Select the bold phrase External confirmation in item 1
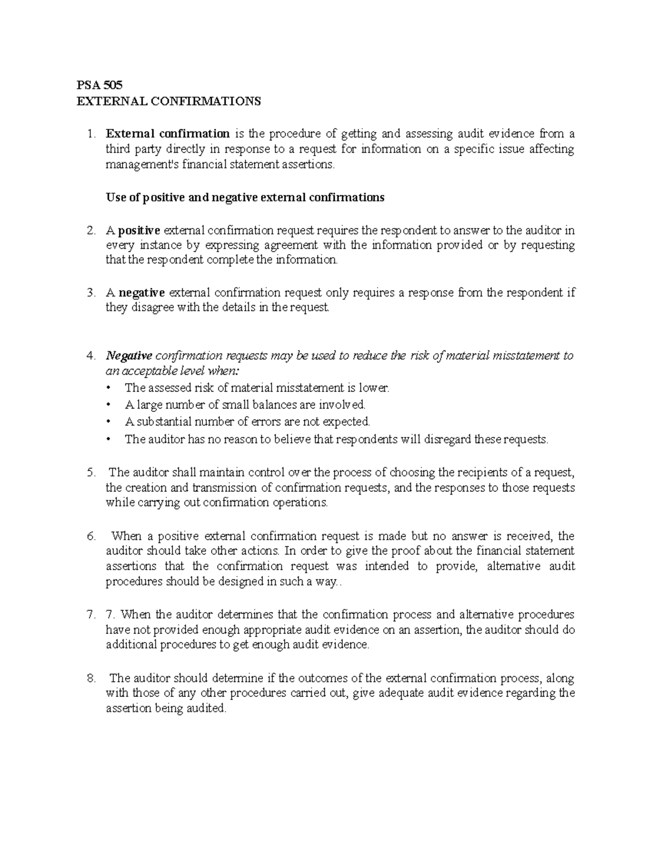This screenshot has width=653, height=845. pyautogui.click(x=168, y=134)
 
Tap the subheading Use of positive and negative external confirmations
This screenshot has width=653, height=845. pyautogui.click(x=245, y=198)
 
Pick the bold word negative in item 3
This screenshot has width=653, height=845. pyautogui.click(x=143, y=293)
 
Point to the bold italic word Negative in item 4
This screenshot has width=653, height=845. pyautogui.click(x=129, y=356)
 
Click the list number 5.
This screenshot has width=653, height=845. pyautogui.click(x=91, y=472)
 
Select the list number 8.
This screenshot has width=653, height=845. pyautogui.click(x=91, y=679)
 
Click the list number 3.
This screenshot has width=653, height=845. pyautogui.click(x=91, y=293)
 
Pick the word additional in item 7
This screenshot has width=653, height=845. pyautogui.click(x=131, y=645)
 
